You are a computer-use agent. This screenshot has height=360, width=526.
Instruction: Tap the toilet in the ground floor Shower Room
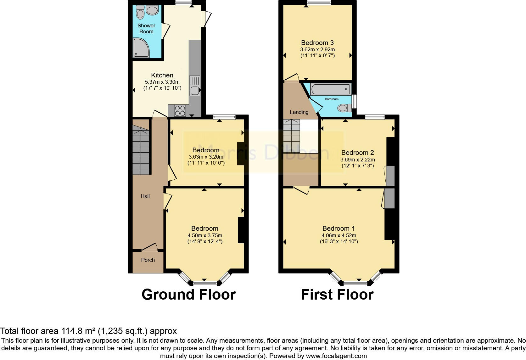tap(140, 13)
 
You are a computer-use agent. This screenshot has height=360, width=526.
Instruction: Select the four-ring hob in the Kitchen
tap(180, 110)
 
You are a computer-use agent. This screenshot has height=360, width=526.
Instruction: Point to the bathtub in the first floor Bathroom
tap(330, 89)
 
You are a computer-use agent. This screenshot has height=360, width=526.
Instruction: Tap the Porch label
tap(148, 260)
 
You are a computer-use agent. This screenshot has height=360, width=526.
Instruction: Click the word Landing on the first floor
tap(299, 112)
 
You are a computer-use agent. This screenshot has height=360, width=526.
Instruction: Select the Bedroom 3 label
tap(317, 43)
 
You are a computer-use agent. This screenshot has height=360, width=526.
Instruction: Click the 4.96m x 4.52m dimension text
tap(339, 235)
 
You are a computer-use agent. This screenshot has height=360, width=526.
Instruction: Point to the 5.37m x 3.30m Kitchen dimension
tap(162, 82)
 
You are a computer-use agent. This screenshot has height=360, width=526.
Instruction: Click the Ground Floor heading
tap(188, 295)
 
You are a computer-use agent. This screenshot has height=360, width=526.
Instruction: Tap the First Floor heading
tap(337, 295)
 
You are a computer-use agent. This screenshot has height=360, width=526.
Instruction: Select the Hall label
tap(145, 196)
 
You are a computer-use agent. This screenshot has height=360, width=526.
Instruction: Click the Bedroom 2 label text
tap(357, 153)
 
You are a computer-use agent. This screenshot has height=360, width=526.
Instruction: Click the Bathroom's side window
tap(354, 101)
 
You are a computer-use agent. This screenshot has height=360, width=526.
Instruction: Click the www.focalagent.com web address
tap(336, 356)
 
